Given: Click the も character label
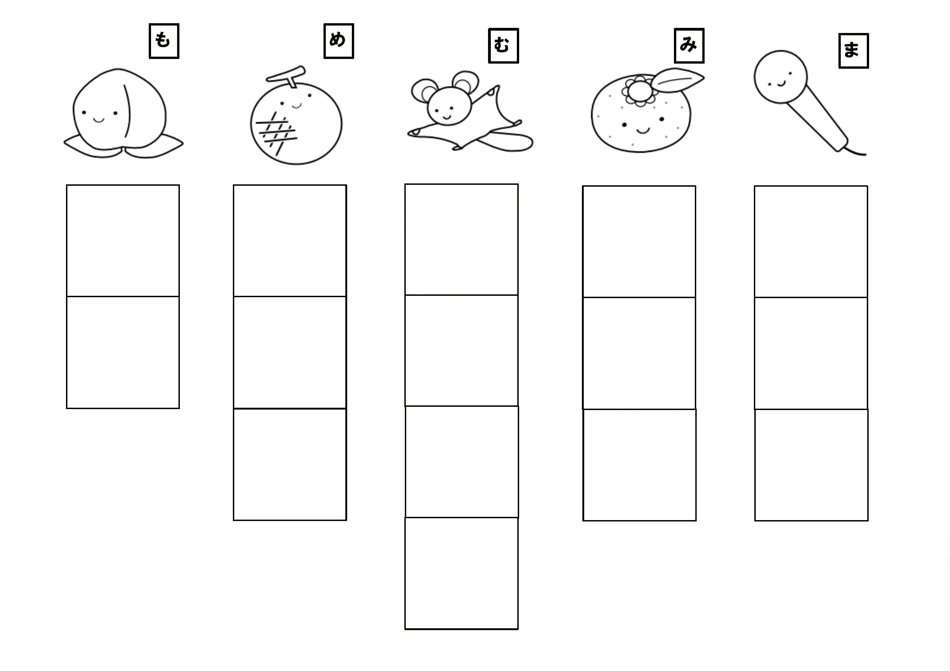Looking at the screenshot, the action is click(x=164, y=41).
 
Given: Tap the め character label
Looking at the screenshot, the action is click(x=338, y=41).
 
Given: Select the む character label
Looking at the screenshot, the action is click(x=503, y=46).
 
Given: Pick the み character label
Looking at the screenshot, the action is click(x=689, y=46).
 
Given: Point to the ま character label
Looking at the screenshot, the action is click(x=853, y=51).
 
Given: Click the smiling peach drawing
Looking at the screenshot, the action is click(x=123, y=113).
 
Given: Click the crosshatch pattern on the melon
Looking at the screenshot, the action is click(x=276, y=132).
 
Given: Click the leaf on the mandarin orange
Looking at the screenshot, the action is click(x=678, y=79).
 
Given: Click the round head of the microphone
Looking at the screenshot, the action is click(x=780, y=77).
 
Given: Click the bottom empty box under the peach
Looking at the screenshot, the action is click(x=123, y=352).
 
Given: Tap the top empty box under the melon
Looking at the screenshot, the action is click(x=290, y=241).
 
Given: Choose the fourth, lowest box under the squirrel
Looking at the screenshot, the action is click(x=462, y=573).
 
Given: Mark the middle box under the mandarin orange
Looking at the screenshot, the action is click(x=639, y=353).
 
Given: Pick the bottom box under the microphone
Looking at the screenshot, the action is click(x=811, y=465).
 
